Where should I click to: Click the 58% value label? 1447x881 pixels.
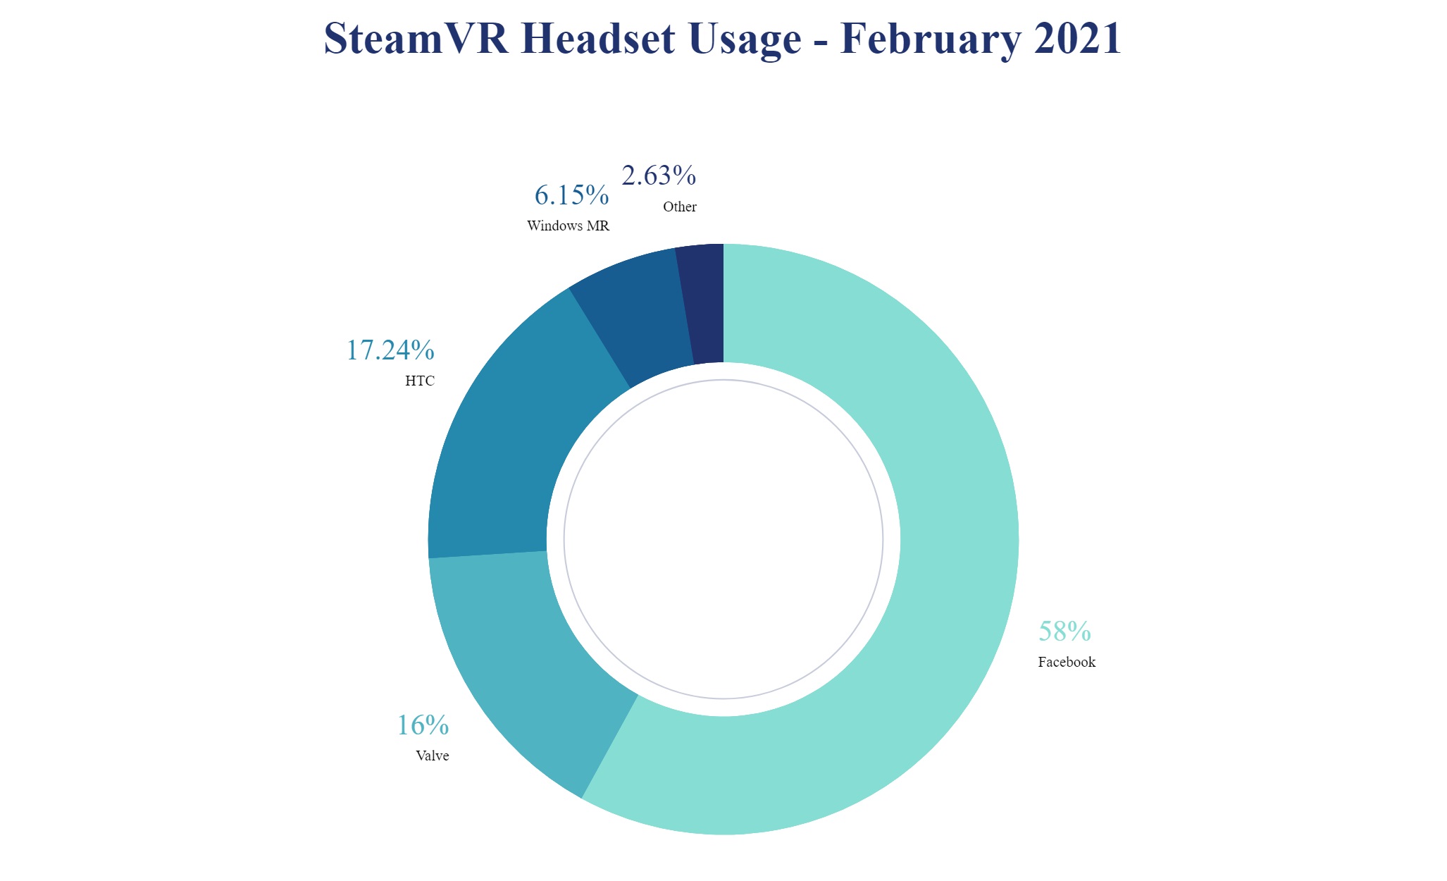[x=1064, y=632]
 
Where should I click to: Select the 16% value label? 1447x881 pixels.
[x=423, y=725]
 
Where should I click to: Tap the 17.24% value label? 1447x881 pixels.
[x=390, y=350]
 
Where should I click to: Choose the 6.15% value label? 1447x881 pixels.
[x=571, y=195]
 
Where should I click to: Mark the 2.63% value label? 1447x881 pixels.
[x=659, y=175]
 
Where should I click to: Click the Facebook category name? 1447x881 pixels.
[x=1067, y=662]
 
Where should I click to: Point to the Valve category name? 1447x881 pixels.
[x=433, y=756]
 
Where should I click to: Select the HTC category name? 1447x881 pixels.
[x=420, y=381]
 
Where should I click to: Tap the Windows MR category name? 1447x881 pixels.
[x=568, y=226]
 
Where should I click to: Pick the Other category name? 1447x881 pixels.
[x=680, y=207]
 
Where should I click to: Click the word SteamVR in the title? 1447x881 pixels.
[x=416, y=38]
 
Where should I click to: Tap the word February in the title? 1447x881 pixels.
[x=931, y=38]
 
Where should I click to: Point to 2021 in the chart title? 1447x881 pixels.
[x=1078, y=38]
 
